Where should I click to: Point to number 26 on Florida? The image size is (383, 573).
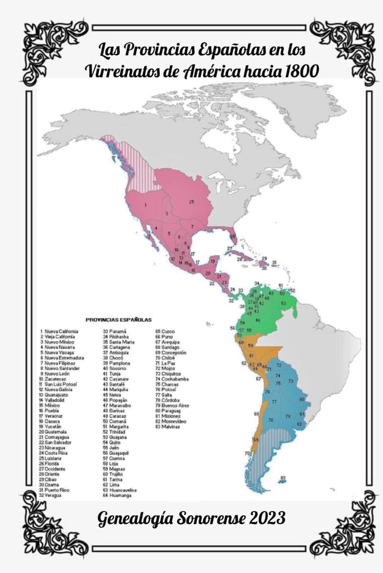[233, 236]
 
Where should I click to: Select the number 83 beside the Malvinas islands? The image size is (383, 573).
[283, 477]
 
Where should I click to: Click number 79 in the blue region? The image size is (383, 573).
[288, 417]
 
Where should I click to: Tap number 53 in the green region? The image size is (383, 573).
[283, 303]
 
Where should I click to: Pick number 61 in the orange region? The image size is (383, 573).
[252, 356]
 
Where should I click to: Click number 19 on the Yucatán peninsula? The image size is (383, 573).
[212, 262]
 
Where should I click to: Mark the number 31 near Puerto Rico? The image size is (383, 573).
[275, 262]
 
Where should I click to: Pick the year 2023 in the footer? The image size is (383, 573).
[268, 517]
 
